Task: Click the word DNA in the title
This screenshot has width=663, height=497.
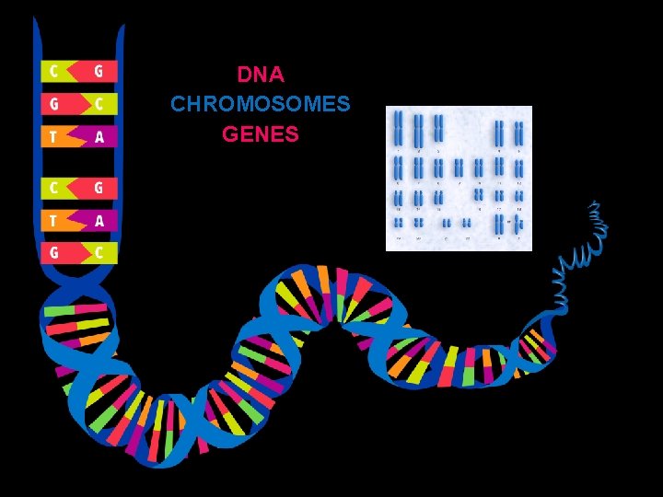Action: click(260, 73)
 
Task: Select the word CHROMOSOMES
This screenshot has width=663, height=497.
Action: click(260, 103)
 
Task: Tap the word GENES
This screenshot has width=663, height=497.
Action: click(260, 134)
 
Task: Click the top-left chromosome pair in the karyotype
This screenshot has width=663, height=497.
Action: click(399, 128)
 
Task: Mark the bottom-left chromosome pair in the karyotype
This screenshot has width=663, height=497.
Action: click(399, 223)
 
